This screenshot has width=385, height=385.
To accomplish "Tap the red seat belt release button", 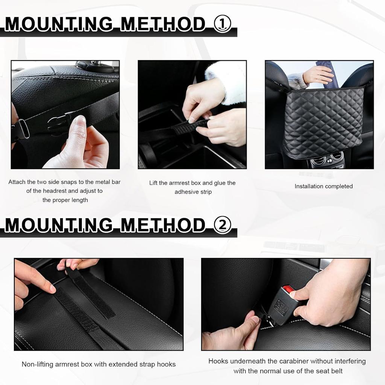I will click(x=288, y=290).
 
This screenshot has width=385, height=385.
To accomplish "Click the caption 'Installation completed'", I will click(x=323, y=186).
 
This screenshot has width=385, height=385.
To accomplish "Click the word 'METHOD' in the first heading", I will click(x=162, y=24).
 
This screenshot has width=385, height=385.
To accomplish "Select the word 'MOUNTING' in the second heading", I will click(x=58, y=225).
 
